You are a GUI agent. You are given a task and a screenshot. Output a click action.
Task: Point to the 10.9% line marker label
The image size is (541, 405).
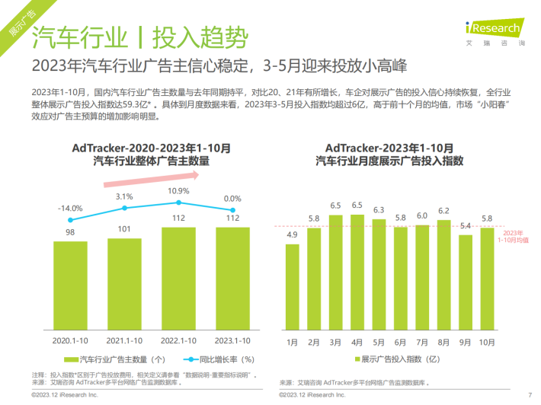(x=179, y=190)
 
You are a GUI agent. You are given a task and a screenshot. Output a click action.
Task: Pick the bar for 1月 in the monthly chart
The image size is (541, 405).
(x=292, y=290)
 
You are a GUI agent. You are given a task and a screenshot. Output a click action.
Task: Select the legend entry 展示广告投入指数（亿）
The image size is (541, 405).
(x=395, y=359)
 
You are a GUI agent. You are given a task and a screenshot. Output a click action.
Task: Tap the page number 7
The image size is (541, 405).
(x=529, y=395)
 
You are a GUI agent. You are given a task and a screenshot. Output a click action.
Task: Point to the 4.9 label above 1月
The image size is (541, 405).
(x=292, y=234)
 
